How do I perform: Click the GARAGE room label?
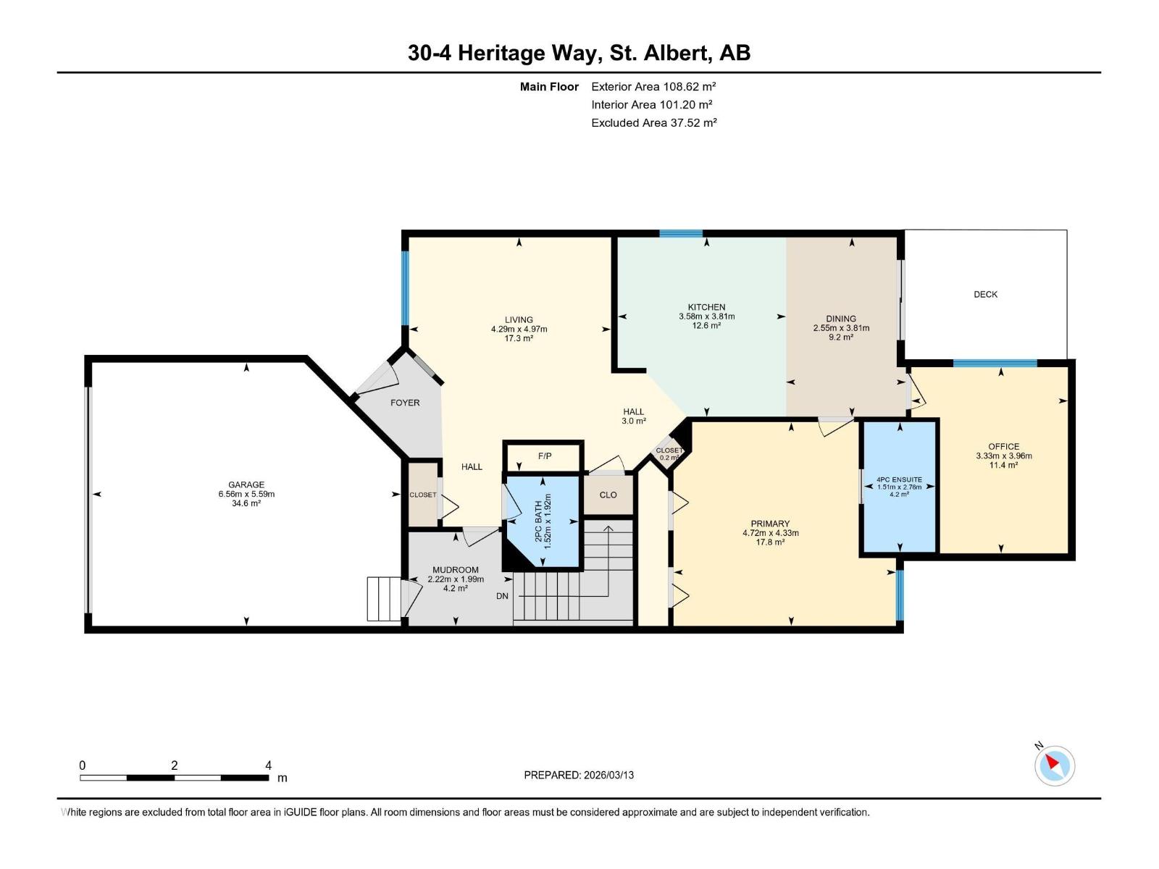[246, 484]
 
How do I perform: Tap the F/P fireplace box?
[545, 456]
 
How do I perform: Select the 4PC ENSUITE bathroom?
[899, 487]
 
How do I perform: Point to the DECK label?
[985, 294]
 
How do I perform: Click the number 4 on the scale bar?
[268, 765]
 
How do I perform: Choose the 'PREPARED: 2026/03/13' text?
[579, 775]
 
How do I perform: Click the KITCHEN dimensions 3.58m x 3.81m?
[706, 316]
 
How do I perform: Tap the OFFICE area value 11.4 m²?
[1003, 465]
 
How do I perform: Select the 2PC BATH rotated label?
[543, 521]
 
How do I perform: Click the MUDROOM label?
[456, 570]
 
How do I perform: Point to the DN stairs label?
[502, 596]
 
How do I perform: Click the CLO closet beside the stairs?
[608, 495]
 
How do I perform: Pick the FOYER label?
[405, 403]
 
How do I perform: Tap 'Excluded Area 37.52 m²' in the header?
[653, 123]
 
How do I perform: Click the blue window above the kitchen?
[681, 233]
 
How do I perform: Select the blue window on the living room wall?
[405, 288]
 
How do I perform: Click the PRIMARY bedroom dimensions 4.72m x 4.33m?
[770, 533]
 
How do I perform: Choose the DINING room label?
[841, 319]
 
